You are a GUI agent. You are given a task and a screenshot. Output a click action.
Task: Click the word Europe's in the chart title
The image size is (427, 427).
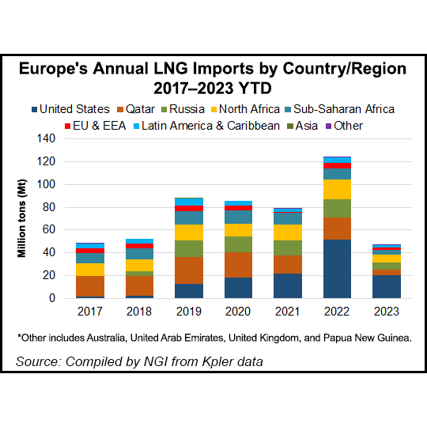tap(64, 69)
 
